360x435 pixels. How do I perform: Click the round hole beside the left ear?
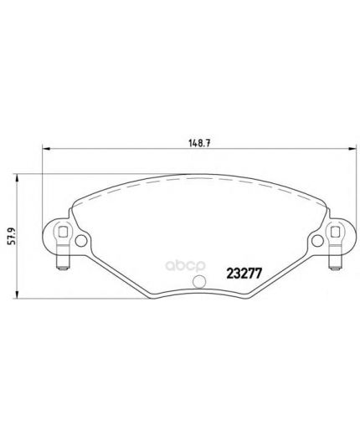click(x=80, y=241)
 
